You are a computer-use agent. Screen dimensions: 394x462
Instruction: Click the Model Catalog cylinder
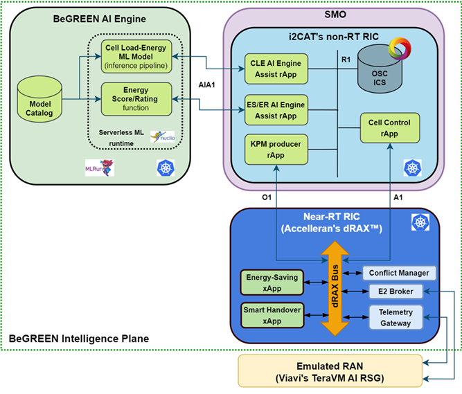37,98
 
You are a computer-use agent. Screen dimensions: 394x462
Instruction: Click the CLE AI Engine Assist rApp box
276,70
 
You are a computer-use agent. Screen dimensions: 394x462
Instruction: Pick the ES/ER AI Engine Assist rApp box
276,110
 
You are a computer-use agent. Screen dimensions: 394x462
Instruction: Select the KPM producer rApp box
276,150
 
